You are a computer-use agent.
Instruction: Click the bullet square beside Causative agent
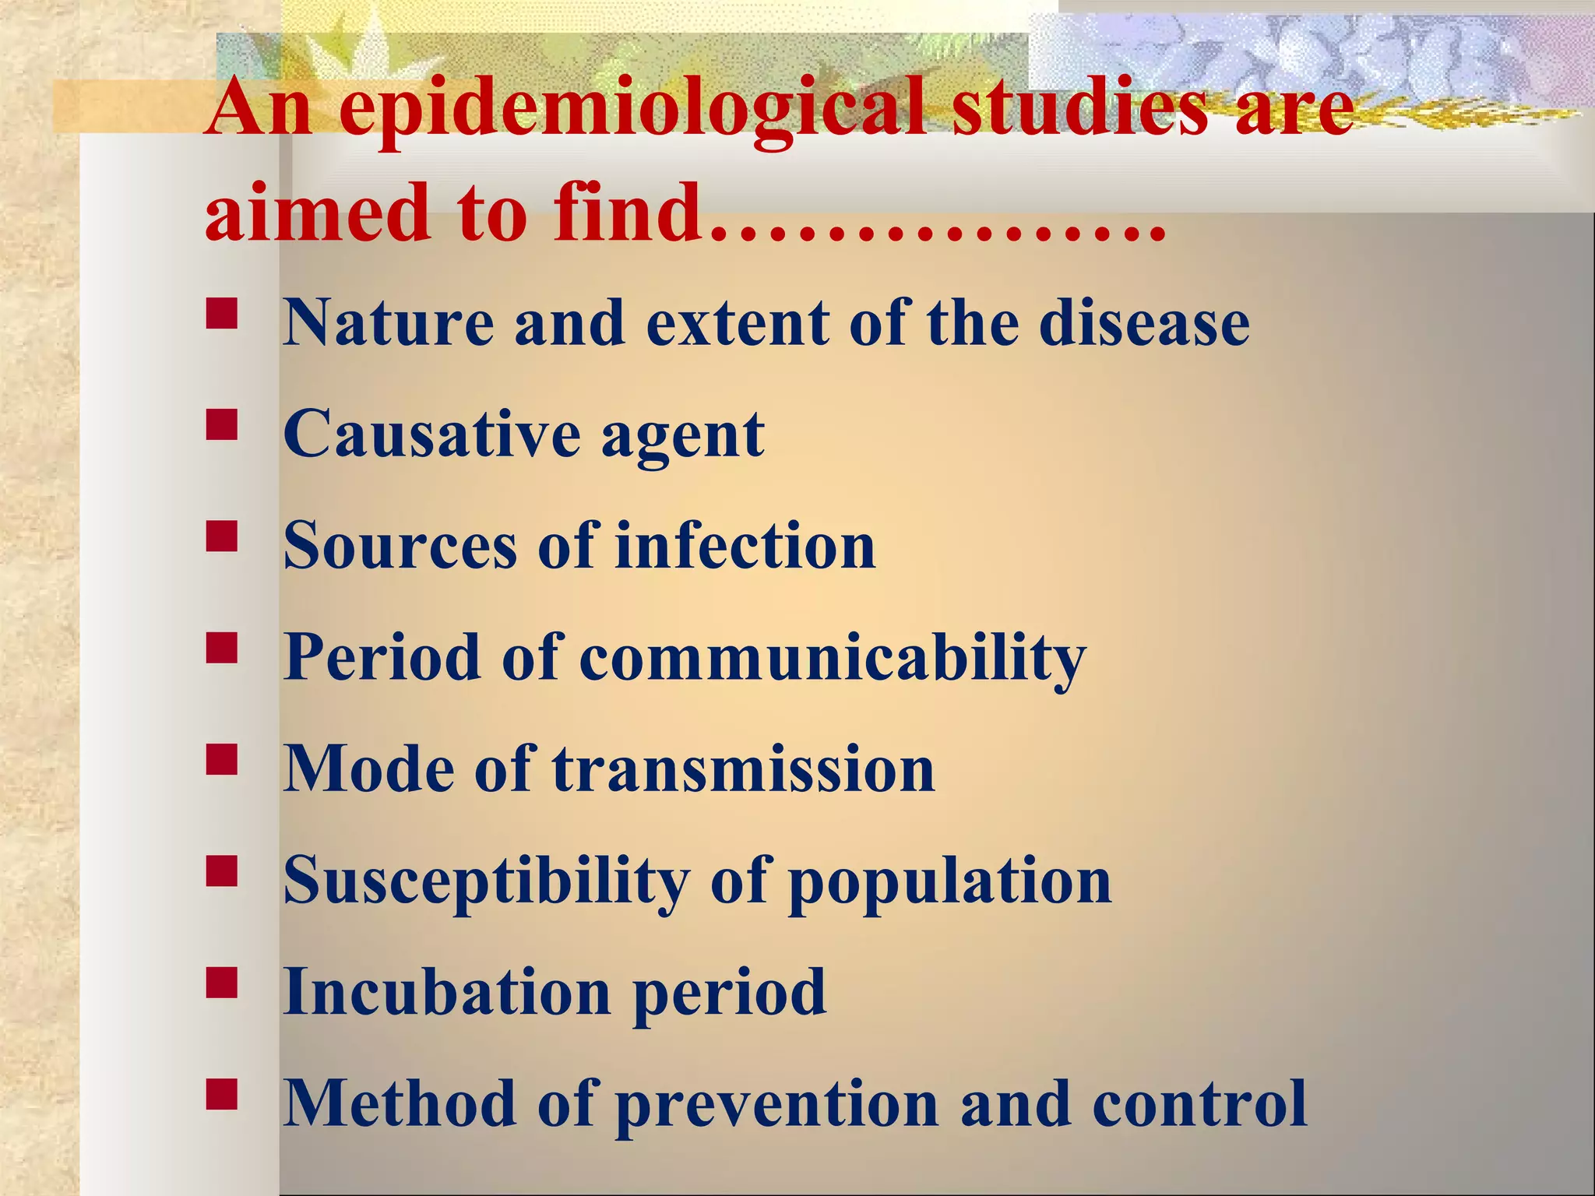pyautogui.click(x=222, y=425)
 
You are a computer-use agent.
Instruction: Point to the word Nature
pyautogui.click(x=389, y=322)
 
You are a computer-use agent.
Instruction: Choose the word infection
pyautogui.click(x=745, y=546)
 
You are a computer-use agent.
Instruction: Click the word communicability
pyautogui.click(x=832, y=659)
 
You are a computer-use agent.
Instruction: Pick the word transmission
pyautogui.click(x=744, y=769)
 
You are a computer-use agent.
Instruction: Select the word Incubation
pyautogui.click(x=447, y=993)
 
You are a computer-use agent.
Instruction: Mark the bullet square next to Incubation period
pyautogui.click(x=222, y=983)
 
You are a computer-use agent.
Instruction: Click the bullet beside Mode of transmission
pyautogui.click(x=222, y=759)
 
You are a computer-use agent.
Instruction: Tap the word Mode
pyautogui.click(x=368, y=769)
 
